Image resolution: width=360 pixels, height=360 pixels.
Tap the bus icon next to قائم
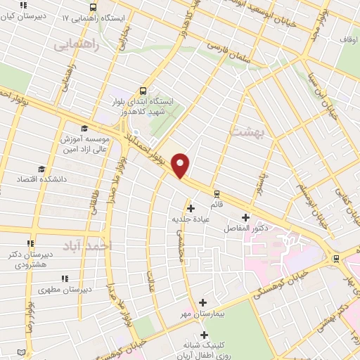pyautogui.click(x=217, y=192)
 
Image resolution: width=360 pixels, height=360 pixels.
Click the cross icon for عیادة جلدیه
pyautogui.click(x=191, y=207)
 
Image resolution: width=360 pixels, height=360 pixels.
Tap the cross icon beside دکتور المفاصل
pyautogui.click(x=245, y=217)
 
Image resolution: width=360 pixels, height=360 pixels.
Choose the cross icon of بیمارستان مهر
pyautogui.click(x=203, y=302)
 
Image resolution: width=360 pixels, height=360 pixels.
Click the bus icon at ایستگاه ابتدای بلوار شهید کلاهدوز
pyautogui.click(x=143, y=91)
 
